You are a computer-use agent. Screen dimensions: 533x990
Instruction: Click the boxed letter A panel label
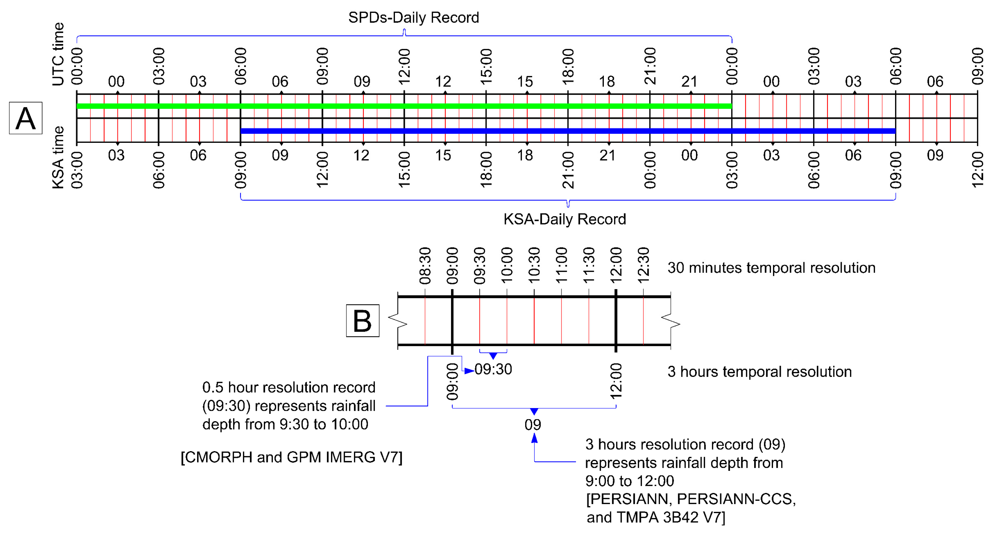(x=25, y=118)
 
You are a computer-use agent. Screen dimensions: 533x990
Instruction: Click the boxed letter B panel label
(x=362, y=321)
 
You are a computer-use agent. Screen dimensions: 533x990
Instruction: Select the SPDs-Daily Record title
(x=414, y=18)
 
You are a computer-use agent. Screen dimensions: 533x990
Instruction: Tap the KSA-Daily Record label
(x=565, y=219)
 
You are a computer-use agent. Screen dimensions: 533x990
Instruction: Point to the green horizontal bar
(x=404, y=106)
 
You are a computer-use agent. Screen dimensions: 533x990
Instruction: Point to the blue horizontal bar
(x=568, y=131)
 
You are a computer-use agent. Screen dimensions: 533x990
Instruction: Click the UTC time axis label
(x=58, y=54)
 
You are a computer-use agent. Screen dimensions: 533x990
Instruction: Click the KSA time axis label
(x=58, y=158)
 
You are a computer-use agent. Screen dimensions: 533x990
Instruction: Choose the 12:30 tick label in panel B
(x=643, y=265)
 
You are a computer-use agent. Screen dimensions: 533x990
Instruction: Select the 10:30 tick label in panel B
(x=534, y=265)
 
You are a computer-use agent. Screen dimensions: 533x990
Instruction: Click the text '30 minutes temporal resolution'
(x=771, y=268)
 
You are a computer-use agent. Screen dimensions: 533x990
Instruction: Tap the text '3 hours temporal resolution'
(x=759, y=372)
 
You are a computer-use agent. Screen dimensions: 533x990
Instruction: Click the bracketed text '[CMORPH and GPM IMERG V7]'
(x=291, y=457)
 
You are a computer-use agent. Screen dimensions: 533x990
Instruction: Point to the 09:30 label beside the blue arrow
(x=493, y=370)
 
